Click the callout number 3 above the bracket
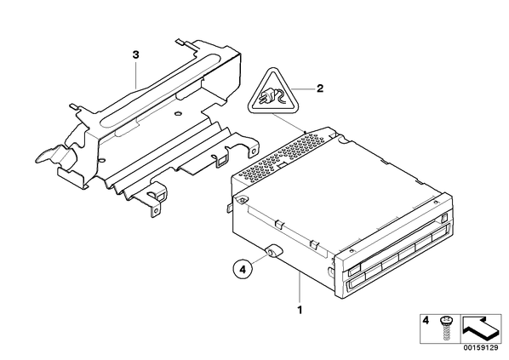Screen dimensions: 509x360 pyautogui.click(x=135, y=54)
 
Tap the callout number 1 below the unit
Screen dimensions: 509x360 pyautogui.click(x=300, y=310)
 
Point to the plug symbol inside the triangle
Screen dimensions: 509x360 pyautogui.click(x=270, y=94)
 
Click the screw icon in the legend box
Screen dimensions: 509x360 pyautogui.click(x=444, y=329)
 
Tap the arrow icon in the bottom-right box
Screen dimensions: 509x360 pyautogui.click(x=481, y=329)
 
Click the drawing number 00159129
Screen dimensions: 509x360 pyautogui.click(x=481, y=348)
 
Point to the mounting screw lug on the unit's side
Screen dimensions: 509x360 pyautogui.click(x=273, y=250)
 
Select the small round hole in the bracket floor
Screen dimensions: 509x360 pyautogui.click(x=177, y=113)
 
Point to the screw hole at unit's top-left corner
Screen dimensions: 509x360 pyautogui.click(x=243, y=201)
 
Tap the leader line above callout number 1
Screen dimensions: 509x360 pyautogui.click(x=300, y=288)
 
